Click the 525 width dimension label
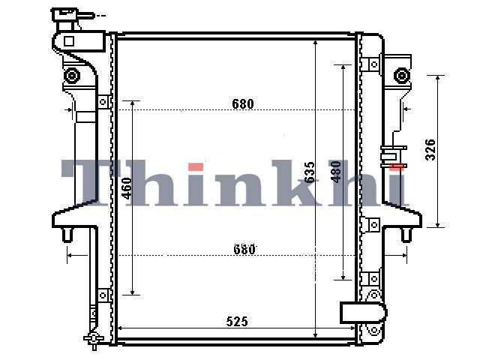[237, 322]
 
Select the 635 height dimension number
[310, 172]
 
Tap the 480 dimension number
[336, 172]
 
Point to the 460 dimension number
[127, 188]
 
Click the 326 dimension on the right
[430, 150]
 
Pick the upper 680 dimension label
[243, 104]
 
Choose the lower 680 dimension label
[244, 250]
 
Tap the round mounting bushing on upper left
[72, 75]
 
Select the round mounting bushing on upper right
[402, 75]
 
